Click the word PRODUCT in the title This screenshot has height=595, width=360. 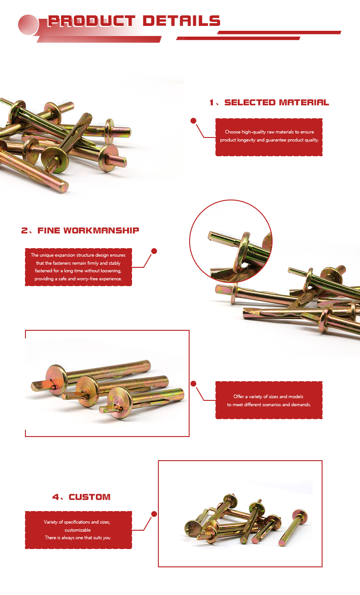click(x=91, y=21)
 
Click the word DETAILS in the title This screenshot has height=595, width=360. click(x=182, y=21)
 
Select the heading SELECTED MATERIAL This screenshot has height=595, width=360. click(x=277, y=103)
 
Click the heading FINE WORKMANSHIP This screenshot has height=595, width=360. click(x=88, y=231)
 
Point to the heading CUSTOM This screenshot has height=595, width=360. click(x=90, y=497)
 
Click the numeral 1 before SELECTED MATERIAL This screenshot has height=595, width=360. click(x=211, y=103)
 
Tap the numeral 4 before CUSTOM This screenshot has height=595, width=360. click(x=56, y=497)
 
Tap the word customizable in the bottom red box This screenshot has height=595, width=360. click(x=78, y=530)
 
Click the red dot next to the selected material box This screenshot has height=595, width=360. click(x=193, y=121)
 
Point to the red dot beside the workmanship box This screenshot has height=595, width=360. click(x=154, y=251)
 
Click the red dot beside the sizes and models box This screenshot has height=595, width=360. click(x=193, y=383)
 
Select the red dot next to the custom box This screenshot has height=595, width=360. click(x=154, y=514)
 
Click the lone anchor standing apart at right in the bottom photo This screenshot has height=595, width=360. click(x=294, y=527)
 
